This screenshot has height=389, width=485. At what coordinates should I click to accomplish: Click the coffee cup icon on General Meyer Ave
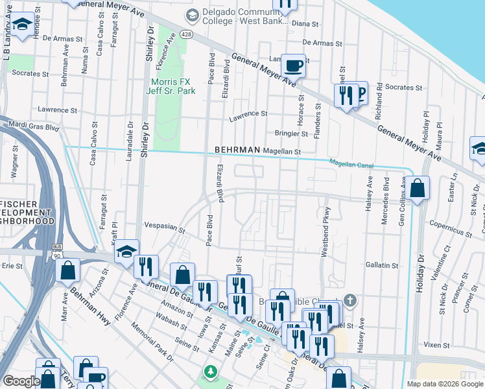click(293, 65)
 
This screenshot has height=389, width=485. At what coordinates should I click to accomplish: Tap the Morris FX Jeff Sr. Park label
click(172, 86)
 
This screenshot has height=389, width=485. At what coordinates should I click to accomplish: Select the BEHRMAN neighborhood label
click(237, 150)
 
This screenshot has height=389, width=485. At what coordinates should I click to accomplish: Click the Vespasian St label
click(165, 230)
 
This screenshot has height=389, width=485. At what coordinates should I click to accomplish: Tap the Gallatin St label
click(381, 265)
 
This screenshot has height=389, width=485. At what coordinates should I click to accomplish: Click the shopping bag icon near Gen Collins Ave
click(418, 189)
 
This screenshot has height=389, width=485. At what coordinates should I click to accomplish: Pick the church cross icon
click(350, 300)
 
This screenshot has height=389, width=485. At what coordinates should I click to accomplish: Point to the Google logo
click(21, 381)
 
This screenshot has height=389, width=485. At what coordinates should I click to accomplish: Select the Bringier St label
click(291, 134)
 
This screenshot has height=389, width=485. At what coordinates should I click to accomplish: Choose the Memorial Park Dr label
click(152, 340)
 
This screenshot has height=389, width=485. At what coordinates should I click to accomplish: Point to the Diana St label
click(306, 24)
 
